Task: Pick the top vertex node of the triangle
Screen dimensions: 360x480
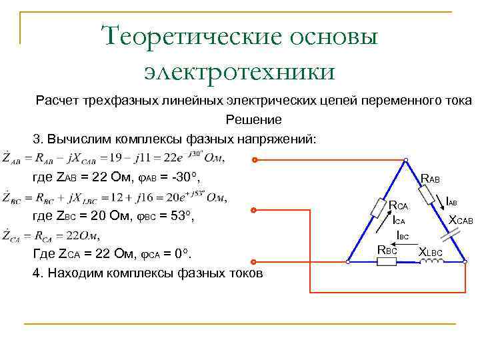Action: click(x=405, y=161)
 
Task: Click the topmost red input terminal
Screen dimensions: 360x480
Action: click(x=254, y=161)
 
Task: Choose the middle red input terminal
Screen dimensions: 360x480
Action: click(x=254, y=211)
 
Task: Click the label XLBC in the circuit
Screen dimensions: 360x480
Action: click(x=432, y=251)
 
